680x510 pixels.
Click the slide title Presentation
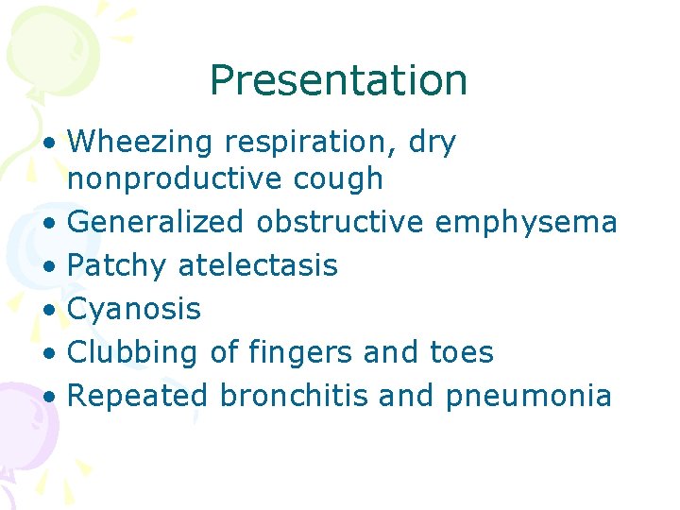338,81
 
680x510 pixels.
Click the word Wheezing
143,144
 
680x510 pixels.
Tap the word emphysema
526,222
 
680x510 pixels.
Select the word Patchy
118,265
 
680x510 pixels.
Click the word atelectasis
258,265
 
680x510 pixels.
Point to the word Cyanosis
135,309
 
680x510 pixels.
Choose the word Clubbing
133,352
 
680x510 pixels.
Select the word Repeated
138,396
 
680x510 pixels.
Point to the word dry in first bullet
433,144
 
